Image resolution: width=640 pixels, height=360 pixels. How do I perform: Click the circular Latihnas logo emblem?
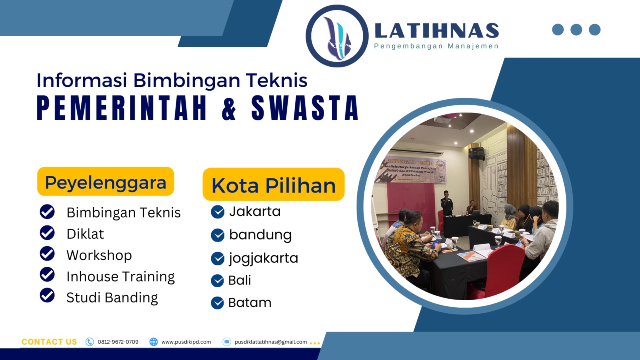[x=337, y=36]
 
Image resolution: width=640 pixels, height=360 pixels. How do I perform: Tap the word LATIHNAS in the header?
[x=436, y=31]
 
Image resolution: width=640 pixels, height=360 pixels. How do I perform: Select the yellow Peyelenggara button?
[x=106, y=182]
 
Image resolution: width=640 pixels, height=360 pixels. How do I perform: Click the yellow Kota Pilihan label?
[x=274, y=185]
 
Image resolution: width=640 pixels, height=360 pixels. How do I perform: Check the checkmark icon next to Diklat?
[x=47, y=233]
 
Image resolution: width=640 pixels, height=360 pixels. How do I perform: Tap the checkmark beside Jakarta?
[x=218, y=212]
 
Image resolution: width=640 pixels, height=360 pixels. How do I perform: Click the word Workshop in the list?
[x=99, y=255]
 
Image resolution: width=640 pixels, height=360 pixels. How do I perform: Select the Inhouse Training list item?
[x=120, y=276]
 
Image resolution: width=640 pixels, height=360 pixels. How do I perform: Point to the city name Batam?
[x=250, y=303]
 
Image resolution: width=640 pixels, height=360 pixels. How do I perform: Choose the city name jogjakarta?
[x=264, y=258]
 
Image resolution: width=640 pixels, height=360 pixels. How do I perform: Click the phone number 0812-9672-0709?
[x=118, y=342]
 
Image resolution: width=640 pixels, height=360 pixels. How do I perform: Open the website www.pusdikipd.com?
[x=186, y=342]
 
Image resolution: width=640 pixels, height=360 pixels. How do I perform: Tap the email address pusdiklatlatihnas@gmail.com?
[x=271, y=342]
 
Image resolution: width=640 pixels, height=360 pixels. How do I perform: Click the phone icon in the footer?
[x=90, y=342]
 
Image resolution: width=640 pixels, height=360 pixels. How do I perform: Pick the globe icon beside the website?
[x=154, y=342]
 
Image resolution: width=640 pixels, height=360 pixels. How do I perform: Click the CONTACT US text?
[x=49, y=342]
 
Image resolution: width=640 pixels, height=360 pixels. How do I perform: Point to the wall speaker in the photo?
[x=476, y=153]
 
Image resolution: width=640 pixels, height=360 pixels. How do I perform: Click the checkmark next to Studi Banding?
[x=47, y=295]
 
